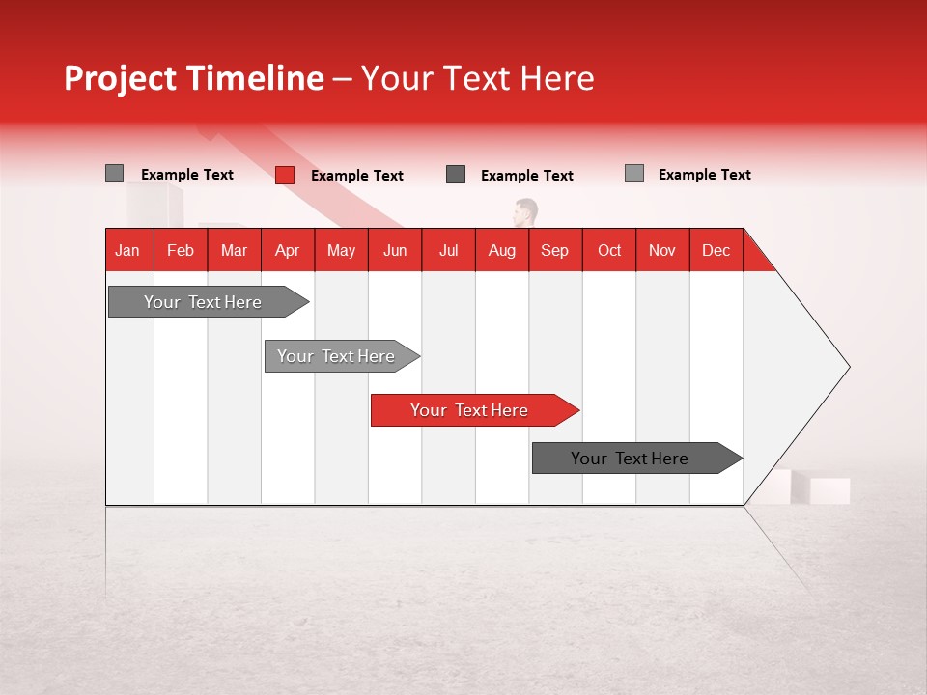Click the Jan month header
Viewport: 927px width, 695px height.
pos(128,250)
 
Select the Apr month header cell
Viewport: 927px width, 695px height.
pos(288,250)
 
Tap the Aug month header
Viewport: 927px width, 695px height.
pos(502,250)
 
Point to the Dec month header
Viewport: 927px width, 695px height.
pos(716,250)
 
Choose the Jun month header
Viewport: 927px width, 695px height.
pos(395,250)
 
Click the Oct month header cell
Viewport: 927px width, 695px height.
pos(609,250)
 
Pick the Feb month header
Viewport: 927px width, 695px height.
pos(181,250)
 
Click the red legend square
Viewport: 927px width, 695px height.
pos(285,175)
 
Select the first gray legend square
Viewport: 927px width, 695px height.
pos(114,174)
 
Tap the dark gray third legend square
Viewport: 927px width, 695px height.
pos(456,175)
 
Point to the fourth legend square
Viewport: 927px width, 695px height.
pos(633,174)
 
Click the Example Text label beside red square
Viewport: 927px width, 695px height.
pos(356,176)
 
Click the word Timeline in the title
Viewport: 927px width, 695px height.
pos(255,78)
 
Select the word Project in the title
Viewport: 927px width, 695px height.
pos(121,78)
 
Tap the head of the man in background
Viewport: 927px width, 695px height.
pos(526,210)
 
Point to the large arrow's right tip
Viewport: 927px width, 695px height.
pos(848,367)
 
